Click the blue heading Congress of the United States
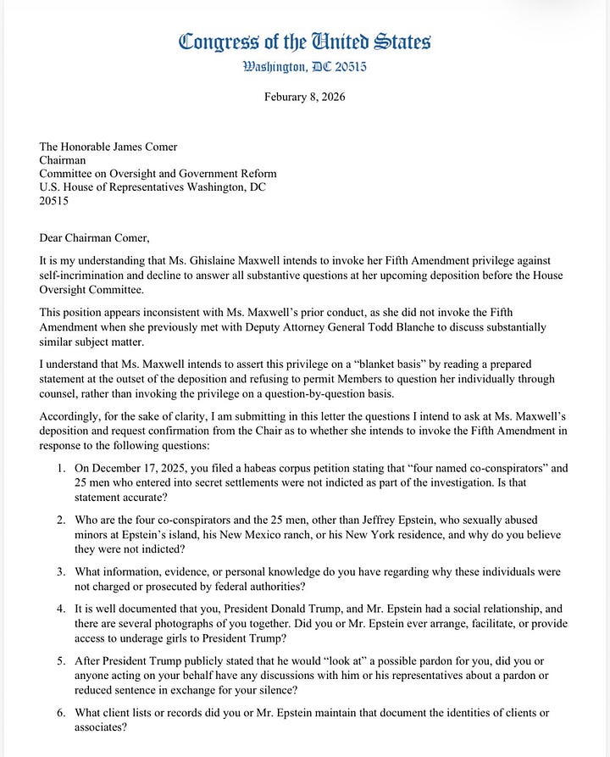[304, 41]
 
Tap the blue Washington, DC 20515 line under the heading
[304, 67]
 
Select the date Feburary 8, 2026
[304, 97]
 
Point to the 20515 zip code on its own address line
[54, 201]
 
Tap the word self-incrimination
[86, 277]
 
